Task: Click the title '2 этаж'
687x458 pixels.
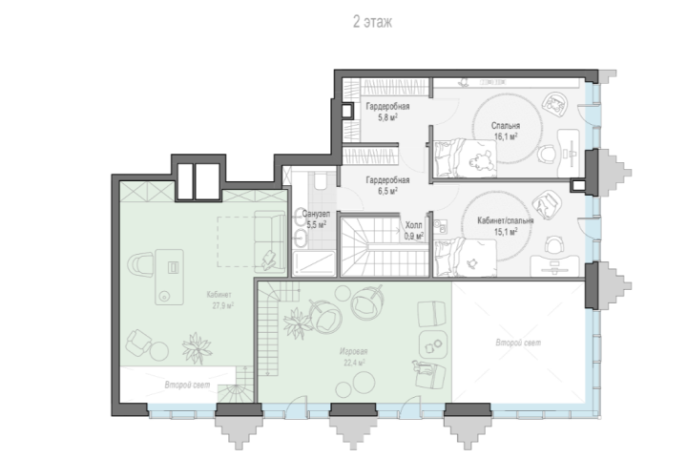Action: point(372,22)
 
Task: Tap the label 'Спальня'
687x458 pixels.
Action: point(506,126)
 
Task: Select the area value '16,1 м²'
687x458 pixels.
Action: point(506,136)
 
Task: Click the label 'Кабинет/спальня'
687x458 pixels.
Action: point(505,220)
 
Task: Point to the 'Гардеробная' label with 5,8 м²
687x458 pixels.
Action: point(387,107)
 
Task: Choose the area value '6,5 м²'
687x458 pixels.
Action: point(387,191)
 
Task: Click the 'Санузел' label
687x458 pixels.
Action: point(316,215)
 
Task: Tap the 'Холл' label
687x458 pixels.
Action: point(413,225)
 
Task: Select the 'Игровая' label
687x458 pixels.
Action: point(354,351)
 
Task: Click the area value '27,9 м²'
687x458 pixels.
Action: point(223,305)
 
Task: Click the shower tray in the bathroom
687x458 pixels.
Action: point(314,263)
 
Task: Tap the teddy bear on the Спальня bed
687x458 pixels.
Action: point(480,162)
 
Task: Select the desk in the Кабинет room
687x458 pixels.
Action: point(169,277)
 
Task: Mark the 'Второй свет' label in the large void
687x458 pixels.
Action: point(518,343)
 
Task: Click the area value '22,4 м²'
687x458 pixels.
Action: point(354,363)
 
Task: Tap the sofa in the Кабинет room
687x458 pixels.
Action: point(269,240)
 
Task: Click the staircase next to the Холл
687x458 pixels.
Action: point(385,246)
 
